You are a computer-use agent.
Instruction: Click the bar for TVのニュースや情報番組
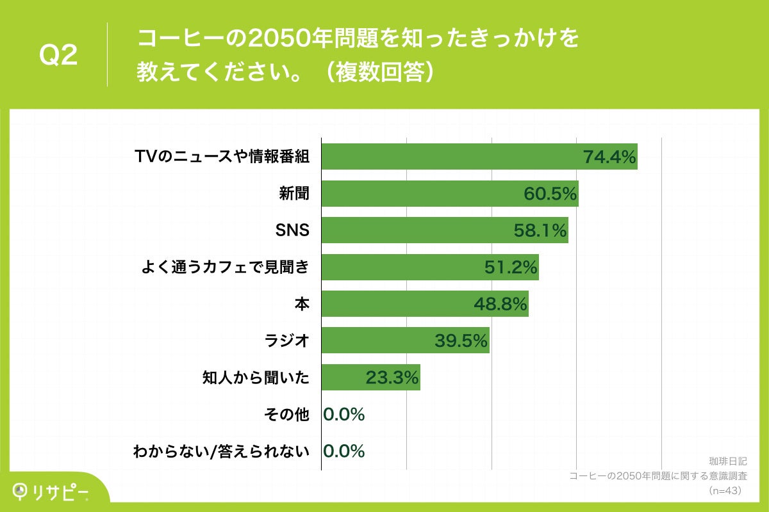[449, 156]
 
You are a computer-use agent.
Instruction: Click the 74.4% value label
[609, 157]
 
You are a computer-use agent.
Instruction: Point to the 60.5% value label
[550, 194]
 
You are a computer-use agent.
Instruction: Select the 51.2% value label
[510, 268]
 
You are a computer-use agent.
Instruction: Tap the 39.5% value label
[461, 341]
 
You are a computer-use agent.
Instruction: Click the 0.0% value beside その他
[344, 415]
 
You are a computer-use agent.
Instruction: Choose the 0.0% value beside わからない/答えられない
[344, 451]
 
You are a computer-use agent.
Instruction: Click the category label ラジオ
[287, 341]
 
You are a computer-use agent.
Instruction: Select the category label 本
[302, 304]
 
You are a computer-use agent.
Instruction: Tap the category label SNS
[292, 230]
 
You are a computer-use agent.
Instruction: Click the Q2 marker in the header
[58, 56]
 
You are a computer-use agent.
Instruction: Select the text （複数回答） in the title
[381, 72]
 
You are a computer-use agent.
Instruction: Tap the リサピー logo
[51, 492]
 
